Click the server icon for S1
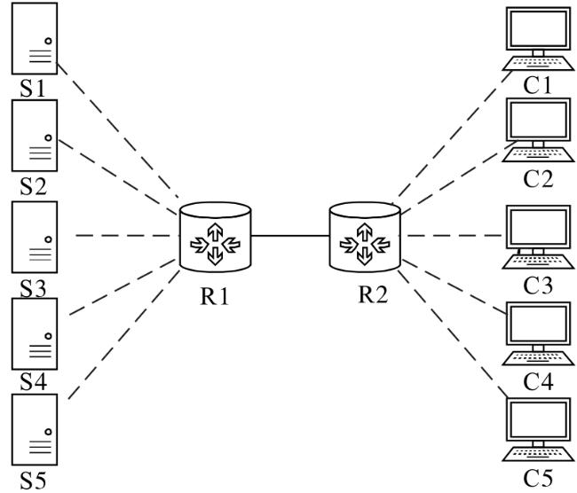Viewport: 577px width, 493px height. [x=35, y=39]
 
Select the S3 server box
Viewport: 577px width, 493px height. [x=35, y=237]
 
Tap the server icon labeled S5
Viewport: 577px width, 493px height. [x=35, y=429]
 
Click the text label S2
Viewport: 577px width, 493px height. [x=33, y=186]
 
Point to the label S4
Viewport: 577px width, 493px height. [x=33, y=381]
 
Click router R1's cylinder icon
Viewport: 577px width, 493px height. [x=216, y=237]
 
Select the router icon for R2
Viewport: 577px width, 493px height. [x=365, y=237]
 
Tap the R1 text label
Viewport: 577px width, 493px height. [x=215, y=295]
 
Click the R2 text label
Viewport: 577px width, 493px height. [x=373, y=294]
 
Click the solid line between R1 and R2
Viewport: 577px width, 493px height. [x=290, y=236]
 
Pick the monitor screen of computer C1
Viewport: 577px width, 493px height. [x=538, y=28]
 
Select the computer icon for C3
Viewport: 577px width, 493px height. [x=538, y=237]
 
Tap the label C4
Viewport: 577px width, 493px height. [x=538, y=381]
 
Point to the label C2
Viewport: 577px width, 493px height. [x=538, y=179]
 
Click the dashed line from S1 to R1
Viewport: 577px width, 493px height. [x=118, y=130]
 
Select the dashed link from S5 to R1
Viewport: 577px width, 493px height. [x=124, y=334]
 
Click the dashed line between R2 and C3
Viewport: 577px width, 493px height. [x=455, y=236]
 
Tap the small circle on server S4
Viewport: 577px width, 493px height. [x=48, y=336]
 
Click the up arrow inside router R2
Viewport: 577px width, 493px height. [x=365, y=231]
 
